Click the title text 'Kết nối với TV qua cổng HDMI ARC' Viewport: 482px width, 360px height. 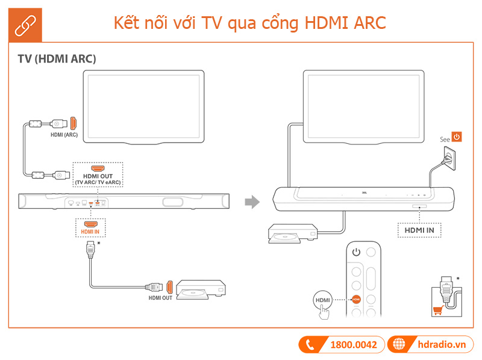249,22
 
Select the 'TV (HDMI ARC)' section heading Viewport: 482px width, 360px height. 57,59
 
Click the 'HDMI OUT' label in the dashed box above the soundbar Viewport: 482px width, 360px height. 98,175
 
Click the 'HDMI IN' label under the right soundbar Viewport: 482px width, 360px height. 419,229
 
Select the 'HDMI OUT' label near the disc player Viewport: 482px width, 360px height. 161,298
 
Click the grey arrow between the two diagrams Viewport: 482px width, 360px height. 252,202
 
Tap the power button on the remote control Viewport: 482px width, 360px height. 356,252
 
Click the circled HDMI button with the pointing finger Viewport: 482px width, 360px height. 323,299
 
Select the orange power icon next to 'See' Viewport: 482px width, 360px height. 457,137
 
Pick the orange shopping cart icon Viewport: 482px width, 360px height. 437,311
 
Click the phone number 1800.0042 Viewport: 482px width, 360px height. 353,344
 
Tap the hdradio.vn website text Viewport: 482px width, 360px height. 442,344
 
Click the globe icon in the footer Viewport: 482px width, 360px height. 399,344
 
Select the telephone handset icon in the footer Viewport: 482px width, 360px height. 311,344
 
